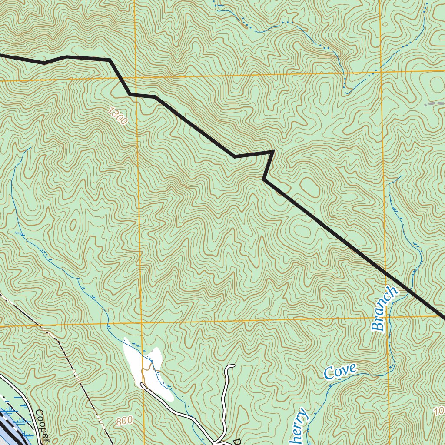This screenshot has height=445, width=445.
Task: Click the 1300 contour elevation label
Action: tap(118, 117)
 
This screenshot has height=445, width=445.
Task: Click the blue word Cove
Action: tap(340, 372)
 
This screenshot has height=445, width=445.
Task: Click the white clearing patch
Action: tap(148, 369)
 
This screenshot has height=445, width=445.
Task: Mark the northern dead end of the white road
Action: tap(233, 366)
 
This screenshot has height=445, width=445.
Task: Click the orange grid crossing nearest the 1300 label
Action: tap(136, 78)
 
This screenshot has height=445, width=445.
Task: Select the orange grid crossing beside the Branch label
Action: tap(386, 318)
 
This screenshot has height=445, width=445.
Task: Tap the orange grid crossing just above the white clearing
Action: tap(141, 323)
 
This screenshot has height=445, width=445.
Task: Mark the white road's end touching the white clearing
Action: tap(142, 385)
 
